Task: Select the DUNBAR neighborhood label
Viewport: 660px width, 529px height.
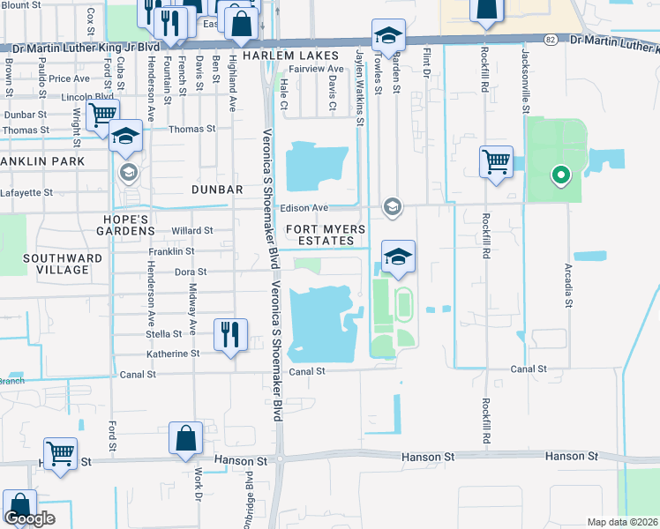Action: coord(216,189)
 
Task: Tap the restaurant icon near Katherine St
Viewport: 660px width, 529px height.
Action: coord(229,334)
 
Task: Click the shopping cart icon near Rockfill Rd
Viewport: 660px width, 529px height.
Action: coord(496,161)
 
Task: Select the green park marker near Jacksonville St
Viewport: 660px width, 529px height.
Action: coord(559,175)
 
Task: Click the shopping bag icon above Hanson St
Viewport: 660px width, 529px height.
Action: coord(186,438)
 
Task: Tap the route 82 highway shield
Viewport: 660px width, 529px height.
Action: coord(550,40)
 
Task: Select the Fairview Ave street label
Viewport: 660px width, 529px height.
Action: coord(317,68)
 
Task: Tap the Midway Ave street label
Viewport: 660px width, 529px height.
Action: coord(193,316)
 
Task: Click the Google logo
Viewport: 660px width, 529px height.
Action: coord(29,518)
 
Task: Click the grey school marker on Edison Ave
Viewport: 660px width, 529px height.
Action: coord(392,207)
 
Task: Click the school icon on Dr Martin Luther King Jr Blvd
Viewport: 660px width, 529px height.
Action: coord(387,35)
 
